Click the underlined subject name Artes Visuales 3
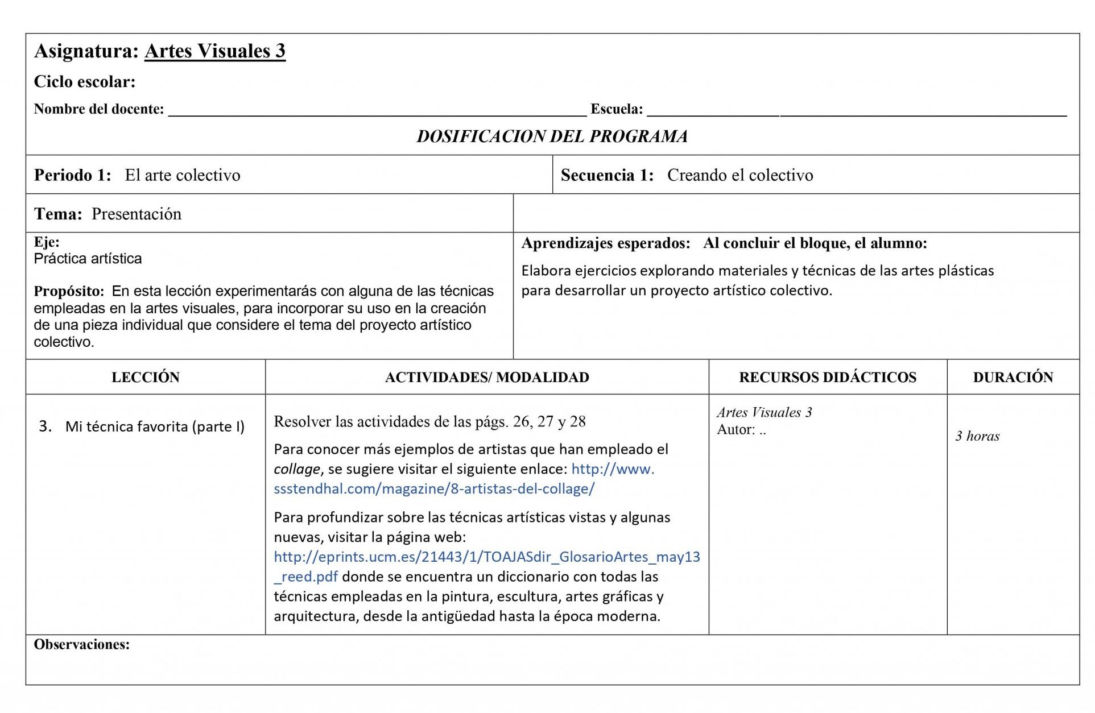pyautogui.click(x=214, y=51)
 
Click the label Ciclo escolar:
pyautogui.click(x=85, y=82)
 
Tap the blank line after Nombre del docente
pyautogui.click(x=377, y=111)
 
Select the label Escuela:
pyautogui.click(x=617, y=109)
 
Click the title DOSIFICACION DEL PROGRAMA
pyautogui.click(x=552, y=136)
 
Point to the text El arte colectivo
pyautogui.click(x=183, y=175)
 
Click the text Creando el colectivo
pyautogui.click(x=740, y=175)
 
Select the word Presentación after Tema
pyautogui.click(x=137, y=214)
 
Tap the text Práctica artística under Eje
pyautogui.click(x=88, y=259)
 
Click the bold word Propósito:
pyautogui.click(x=69, y=291)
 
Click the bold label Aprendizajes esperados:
pyautogui.click(x=606, y=243)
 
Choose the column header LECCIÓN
pyautogui.click(x=146, y=378)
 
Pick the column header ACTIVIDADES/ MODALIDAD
pyautogui.click(x=487, y=378)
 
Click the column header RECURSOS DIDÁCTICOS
pyautogui.click(x=828, y=378)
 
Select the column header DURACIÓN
pyautogui.click(x=1013, y=378)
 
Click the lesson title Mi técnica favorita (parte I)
pyautogui.click(x=155, y=426)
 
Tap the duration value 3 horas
pyautogui.click(x=977, y=436)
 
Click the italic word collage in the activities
pyautogui.click(x=297, y=469)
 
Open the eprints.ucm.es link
pyautogui.click(x=486, y=557)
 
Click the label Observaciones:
pyautogui.click(x=82, y=645)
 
